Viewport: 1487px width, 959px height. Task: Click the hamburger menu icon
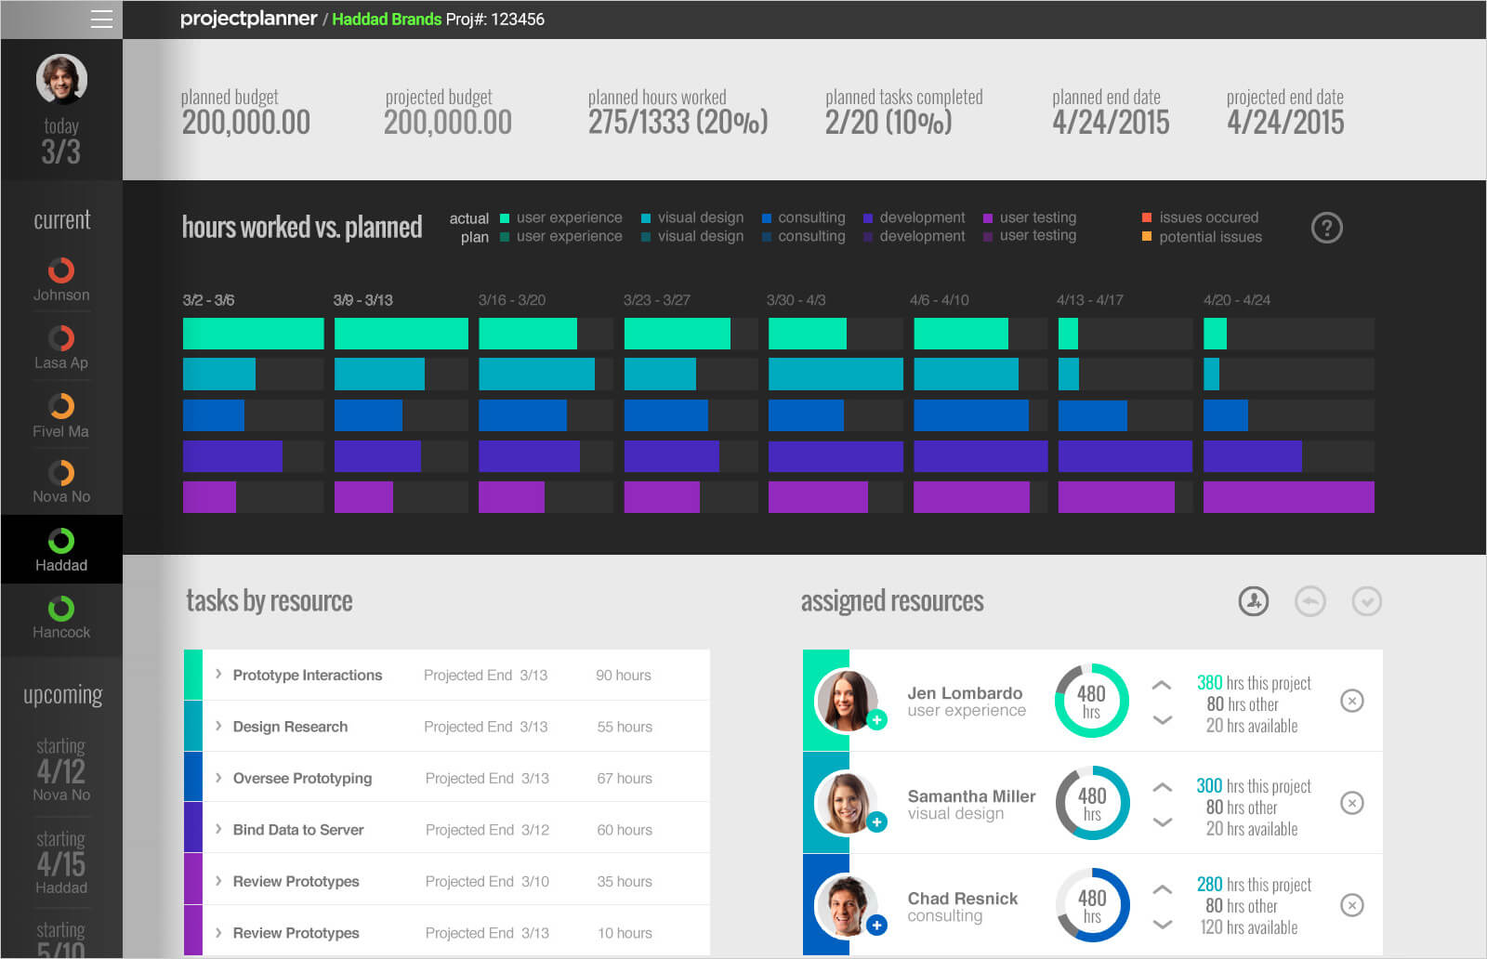[101, 20]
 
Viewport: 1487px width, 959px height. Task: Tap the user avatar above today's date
[61, 79]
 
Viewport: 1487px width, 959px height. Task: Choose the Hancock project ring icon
[61, 609]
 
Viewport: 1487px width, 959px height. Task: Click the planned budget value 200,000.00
[246, 123]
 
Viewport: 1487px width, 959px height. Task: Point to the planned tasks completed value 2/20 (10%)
[888, 123]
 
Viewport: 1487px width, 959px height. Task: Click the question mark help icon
[1326, 228]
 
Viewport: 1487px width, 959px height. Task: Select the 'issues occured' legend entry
[1207, 217]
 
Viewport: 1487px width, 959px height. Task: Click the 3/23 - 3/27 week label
[656, 300]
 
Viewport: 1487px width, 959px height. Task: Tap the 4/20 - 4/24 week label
[1236, 300]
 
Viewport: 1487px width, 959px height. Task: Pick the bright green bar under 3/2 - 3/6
[253, 334]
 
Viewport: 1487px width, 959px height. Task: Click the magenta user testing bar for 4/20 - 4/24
[1288, 497]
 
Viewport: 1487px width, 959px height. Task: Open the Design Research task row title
[290, 727]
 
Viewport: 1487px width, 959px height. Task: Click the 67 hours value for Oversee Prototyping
[625, 779]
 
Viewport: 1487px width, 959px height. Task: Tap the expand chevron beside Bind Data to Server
[218, 829]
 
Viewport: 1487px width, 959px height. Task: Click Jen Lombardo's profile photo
[846, 700]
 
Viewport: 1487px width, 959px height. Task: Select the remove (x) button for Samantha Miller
[1352, 803]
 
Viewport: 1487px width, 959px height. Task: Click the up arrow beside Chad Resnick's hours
[1162, 889]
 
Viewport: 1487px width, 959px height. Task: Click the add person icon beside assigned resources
[1254, 601]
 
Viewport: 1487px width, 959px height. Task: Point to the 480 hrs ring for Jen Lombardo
[1092, 701]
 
